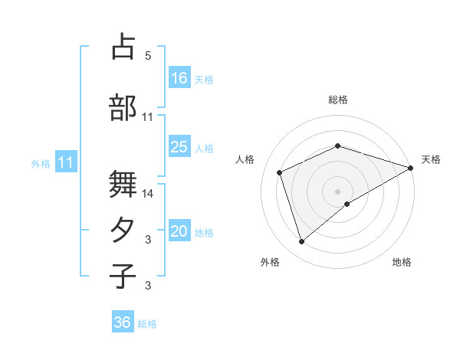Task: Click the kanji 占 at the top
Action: tap(123, 47)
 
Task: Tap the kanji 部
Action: tap(123, 107)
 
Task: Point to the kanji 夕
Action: tap(123, 231)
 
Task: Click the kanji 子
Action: tap(123, 276)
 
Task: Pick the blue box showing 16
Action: tap(179, 78)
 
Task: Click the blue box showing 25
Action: tap(179, 147)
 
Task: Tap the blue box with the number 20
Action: tap(179, 232)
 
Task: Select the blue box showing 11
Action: tap(67, 162)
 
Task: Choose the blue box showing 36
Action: tap(123, 322)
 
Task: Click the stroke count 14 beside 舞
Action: tap(148, 194)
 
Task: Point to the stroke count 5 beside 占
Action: tap(148, 56)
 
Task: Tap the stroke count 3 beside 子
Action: tap(148, 286)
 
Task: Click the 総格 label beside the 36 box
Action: tap(148, 324)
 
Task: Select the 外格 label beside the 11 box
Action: tap(41, 163)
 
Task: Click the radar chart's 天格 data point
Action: tap(412, 167)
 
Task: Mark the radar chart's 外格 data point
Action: tap(302, 242)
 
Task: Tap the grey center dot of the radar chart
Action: tap(338, 191)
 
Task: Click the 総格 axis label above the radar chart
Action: tap(338, 100)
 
